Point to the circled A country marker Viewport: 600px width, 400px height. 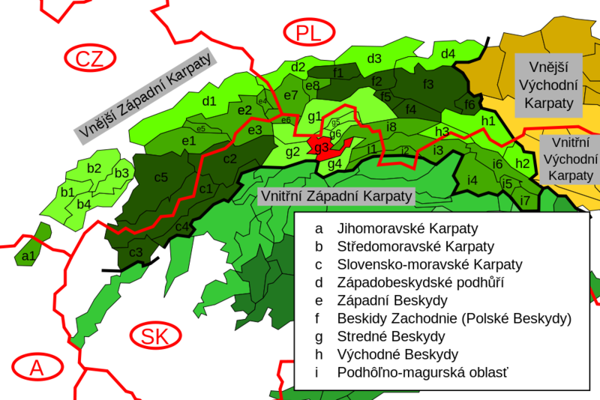click(x=35, y=368)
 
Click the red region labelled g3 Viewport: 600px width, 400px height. click(x=322, y=148)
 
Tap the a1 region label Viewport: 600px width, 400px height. click(x=29, y=256)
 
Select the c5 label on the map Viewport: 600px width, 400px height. click(x=160, y=178)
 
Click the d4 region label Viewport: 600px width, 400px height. click(x=448, y=53)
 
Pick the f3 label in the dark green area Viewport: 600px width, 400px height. click(x=428, y=83)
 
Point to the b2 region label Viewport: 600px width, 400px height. click(x=94, y=168)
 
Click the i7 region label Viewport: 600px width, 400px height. click(x=525, y=200)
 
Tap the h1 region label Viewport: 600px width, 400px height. click(x=487, y=120)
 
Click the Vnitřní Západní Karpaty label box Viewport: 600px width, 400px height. click(x=336, y=196)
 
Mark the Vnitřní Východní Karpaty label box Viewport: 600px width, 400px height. click(x=569, y=157)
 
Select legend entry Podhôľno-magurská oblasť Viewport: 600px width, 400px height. click(x=418, y=372)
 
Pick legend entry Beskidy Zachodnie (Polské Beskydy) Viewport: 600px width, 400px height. click(x=454, y=318)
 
